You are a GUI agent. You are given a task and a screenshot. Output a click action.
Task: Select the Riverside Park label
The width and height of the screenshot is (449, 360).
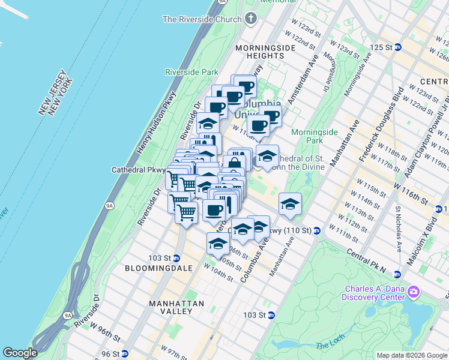click(x=191, y=72)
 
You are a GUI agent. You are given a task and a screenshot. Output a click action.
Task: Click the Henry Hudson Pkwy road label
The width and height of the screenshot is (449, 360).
click(x=160, y=120)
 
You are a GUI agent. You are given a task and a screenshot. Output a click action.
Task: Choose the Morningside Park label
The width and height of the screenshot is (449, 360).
click(x=315, y=136)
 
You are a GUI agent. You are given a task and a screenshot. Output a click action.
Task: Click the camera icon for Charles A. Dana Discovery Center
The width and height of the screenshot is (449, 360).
click(x=413, y=292)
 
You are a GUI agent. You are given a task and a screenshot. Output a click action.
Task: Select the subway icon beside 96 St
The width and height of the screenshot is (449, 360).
click(x=125, y=353)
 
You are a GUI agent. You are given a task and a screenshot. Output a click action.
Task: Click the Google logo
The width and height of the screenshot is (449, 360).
click(x=20, y=353)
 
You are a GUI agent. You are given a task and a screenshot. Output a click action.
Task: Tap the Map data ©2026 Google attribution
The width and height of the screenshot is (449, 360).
click(x=411, y=355)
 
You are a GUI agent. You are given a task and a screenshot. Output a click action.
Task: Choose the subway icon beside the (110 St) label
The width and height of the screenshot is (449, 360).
click(x=316, y=230)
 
